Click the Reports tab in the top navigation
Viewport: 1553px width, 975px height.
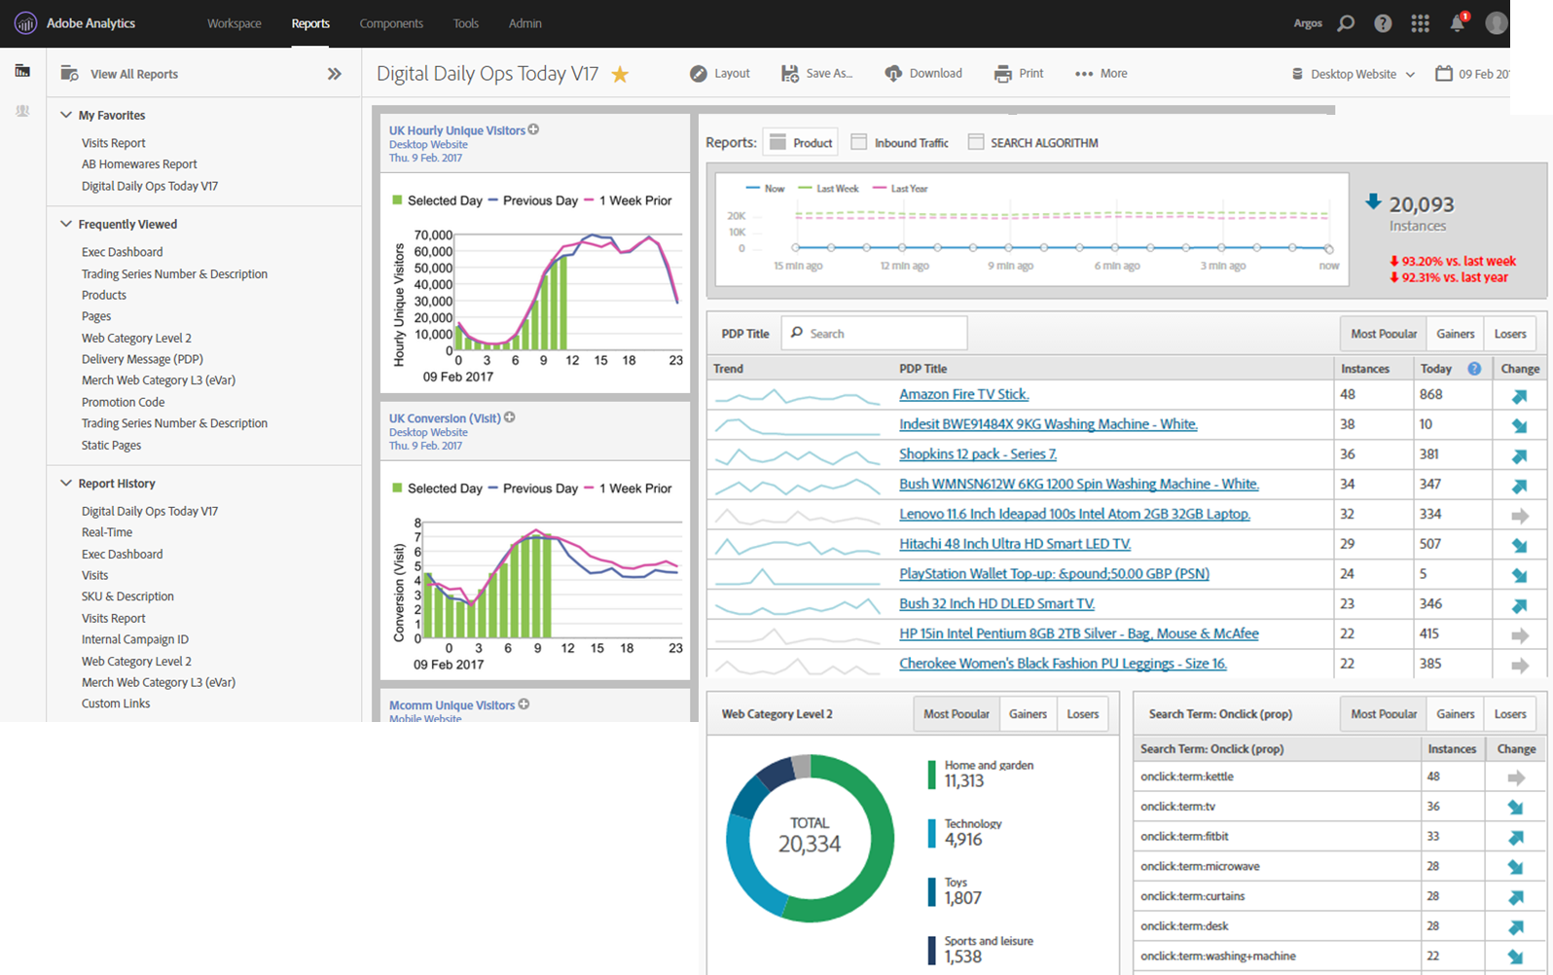coord(310,23)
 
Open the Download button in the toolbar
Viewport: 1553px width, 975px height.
coord(923,73)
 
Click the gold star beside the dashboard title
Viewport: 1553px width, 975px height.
coord(620,74)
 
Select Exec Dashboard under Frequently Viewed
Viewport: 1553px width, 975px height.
coord(123,252)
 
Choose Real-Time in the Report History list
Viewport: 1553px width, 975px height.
coord(107,532)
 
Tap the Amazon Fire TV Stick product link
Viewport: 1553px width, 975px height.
coord(963,394)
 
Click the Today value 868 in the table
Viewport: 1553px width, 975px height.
coord(1430,394)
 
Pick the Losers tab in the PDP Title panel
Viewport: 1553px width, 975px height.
coord(1510,334)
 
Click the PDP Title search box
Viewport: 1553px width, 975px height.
coord(876,334)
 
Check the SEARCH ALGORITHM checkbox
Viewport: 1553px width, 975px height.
coord(976,142)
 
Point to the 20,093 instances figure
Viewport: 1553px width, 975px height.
coord(1421,204)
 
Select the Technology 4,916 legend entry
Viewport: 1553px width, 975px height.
coord(972,832)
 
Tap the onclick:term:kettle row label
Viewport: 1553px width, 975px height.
coord(1187,776)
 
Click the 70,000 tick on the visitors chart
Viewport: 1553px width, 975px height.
coord(433,235)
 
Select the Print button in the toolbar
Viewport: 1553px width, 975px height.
coord(1019,73)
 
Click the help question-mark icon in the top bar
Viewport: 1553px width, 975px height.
coord(1383,23)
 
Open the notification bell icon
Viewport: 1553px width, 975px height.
coord(1458,23)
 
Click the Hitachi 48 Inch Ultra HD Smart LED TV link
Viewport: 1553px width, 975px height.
coord(1014,544)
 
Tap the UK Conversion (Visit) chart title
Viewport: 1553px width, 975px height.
coord(445,418)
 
